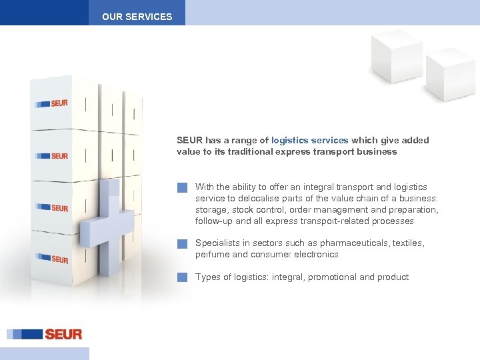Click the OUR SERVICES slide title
tap(137, 17)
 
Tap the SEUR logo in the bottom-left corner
tap(45, 334)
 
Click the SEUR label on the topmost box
tap(52, 103)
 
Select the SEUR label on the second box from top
tap(52, 155)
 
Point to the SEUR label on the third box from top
tap(52, 208)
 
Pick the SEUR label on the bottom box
tap(53, 258)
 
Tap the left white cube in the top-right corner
tap(397, 56)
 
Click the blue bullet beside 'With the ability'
tap(182, 188)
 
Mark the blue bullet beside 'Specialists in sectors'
tap(182, 244)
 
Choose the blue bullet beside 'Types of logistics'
tap(182, 277)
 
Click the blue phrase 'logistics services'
tap(310, 141)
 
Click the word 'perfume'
tap(211, 255)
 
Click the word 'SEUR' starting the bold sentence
tap(189, 141)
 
